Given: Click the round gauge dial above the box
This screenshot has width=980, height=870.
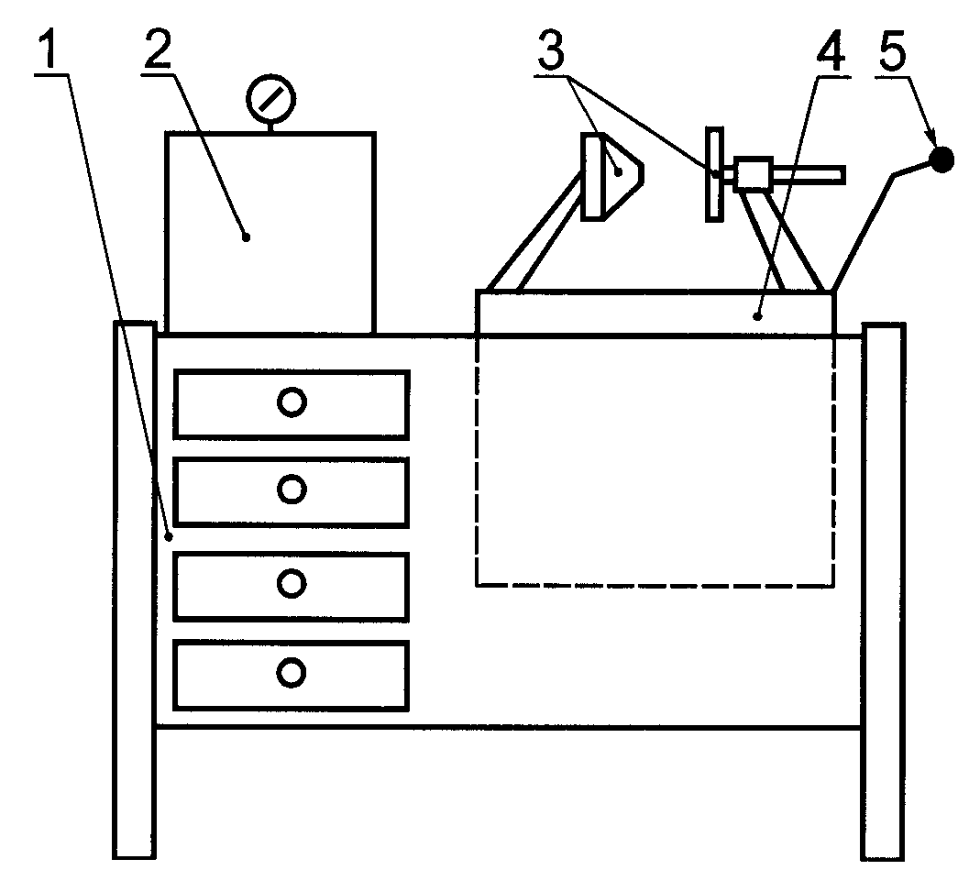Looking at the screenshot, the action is (x=270, y=95).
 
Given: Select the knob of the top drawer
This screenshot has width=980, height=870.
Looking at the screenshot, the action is (x=292, y=402).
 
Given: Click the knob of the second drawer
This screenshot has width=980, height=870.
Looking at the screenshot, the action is (x=292, y=490).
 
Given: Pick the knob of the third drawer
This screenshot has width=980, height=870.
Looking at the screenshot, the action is (x=292, y=582).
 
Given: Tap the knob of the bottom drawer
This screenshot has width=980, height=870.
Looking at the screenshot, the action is (x=292, y=673).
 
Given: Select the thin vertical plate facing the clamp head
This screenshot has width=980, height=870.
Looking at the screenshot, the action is (x=714, y=174).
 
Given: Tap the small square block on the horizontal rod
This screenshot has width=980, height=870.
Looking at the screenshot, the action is (x=752, y=173).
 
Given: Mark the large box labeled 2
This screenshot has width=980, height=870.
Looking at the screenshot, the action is (x=270, y=233).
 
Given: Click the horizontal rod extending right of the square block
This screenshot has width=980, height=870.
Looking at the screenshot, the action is (x=807, y=172).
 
